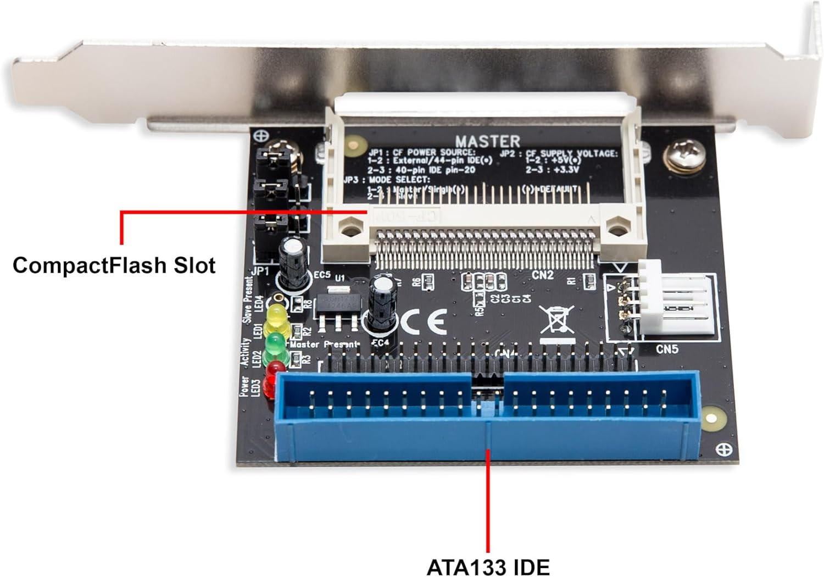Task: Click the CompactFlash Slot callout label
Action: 114,265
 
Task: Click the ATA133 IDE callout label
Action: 488,567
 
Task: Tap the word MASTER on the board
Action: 487,141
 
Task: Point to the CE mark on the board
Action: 423,323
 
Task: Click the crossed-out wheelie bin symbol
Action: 557,320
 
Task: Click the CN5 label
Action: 666,349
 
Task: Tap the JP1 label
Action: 260,271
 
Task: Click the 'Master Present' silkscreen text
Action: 324,345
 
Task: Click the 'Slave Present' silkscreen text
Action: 248,299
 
